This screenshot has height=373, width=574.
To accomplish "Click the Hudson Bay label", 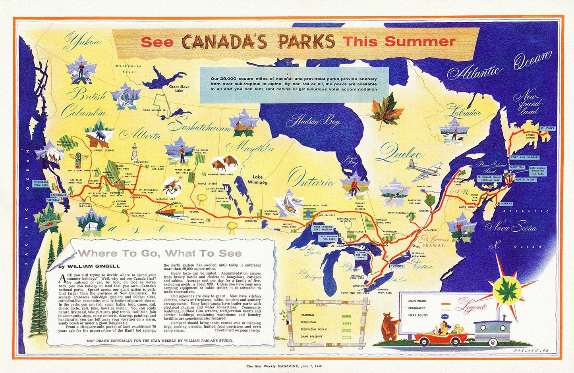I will (x=316, y=121).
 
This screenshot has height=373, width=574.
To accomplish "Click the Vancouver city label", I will (x=58, y=195).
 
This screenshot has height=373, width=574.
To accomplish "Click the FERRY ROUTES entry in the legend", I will (x=417, y=316).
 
